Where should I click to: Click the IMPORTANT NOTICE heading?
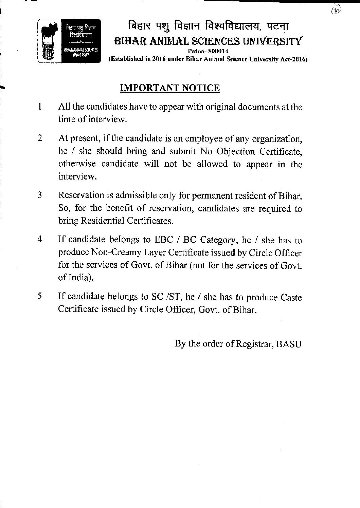[x=170, y=88]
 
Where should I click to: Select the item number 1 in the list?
[x=40, y=107]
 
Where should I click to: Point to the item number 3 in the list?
[x=40, y=195]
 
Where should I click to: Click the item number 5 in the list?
[x=40, y=296]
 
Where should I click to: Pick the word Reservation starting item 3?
[x=81, y=195]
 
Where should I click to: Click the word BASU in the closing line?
[x=289, y=344]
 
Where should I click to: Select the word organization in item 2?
[x=278, y=139]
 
